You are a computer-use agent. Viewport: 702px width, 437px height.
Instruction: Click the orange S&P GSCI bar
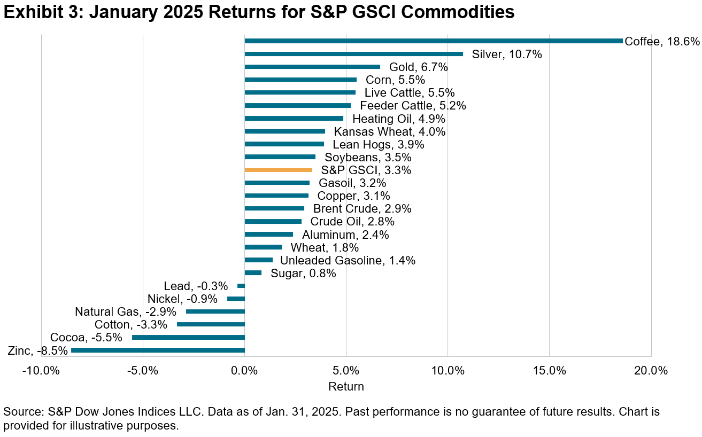coord(278,170)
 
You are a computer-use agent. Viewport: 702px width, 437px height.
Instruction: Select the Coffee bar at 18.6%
coord(433,41)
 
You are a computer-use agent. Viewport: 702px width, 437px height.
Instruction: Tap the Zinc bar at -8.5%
coord(158,350)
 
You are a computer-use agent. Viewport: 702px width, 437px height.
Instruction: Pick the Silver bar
coord(353,54)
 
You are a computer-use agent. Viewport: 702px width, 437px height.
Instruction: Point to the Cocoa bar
coord(188,338)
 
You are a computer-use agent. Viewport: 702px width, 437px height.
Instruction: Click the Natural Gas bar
coord(215,311)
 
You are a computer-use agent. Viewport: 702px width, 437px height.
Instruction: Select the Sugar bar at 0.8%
coord(253,273)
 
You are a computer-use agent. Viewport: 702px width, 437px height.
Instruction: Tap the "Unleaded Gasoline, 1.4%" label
coord(348,260)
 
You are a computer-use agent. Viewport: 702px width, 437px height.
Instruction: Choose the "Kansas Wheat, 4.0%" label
coord(389,131)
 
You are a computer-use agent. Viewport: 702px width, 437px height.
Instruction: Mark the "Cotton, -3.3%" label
coord(130,325)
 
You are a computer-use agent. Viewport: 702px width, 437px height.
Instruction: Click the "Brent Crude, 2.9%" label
coord(362,208)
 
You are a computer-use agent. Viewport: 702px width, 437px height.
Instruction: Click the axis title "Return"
coord(346,387)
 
